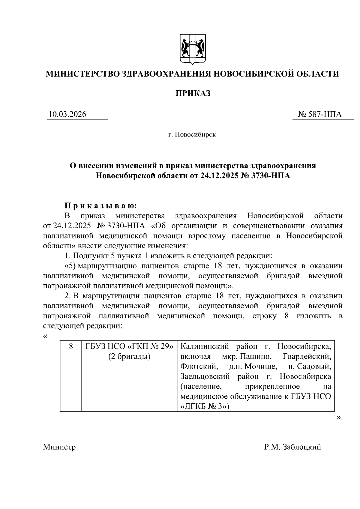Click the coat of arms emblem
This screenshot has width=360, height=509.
tap(193, 49)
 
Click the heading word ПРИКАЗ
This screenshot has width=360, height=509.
tap(193, 93)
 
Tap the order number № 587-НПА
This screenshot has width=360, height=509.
tap(320, 114)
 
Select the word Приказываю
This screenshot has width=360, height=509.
tap(101, 206)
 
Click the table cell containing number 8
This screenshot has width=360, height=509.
tap(71, 346)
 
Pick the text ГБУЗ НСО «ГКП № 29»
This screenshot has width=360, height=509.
tap(130, 346)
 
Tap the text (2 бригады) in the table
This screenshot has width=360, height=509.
tap(130, 357)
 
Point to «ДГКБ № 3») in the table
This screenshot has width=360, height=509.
tap(205, 407)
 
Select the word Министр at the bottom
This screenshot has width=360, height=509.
tap(59, 447)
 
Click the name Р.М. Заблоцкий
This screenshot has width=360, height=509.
tap(292, 447)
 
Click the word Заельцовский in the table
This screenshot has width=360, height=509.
tap(205, 376)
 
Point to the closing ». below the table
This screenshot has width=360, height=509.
tap(339, 417)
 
